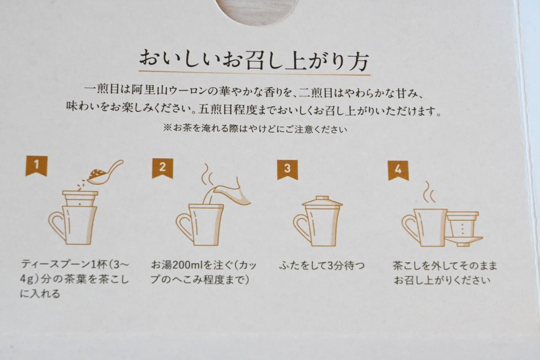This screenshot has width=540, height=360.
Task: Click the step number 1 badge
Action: click(x=36, y=166)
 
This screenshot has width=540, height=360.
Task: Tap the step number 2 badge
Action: click(x=162, y=168)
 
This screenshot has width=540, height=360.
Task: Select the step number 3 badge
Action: click(x=287, y=170)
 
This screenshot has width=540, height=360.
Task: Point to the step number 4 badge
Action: click(x=398, y=170)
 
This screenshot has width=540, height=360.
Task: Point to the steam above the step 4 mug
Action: click(x=429, y=192)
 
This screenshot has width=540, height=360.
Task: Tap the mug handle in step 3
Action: click(x=301, y=227)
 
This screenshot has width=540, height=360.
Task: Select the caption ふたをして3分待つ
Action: click(x=322, y=266)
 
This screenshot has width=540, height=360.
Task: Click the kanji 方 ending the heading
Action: click(x=358, y=61)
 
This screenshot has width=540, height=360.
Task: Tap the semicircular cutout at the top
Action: click(x=256, y=11)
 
